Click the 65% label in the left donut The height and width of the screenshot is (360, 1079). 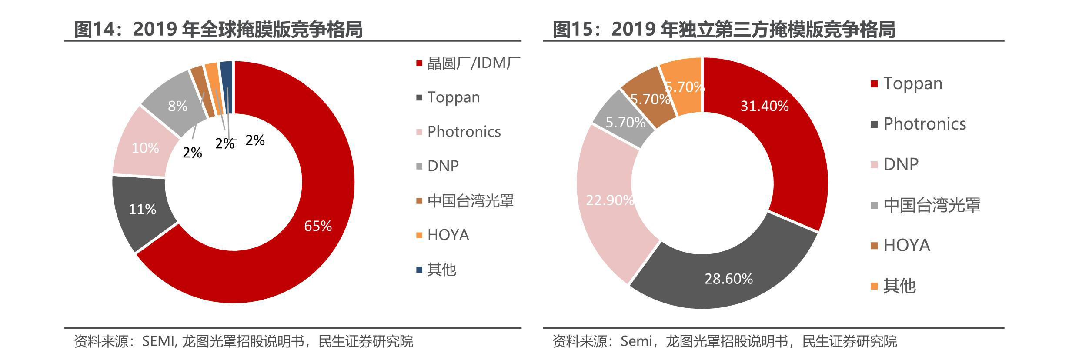pos(318,226)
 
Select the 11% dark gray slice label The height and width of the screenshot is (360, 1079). pos(142,210)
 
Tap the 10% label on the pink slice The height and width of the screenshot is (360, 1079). pos(145,148)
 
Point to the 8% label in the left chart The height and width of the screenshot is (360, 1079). pos(177,106)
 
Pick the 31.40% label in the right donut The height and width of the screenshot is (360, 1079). pos(764,106)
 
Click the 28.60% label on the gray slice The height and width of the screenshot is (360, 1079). pos(728,279)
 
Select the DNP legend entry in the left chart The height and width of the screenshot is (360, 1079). pos(443,166)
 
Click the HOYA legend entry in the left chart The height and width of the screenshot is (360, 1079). pos(448,235)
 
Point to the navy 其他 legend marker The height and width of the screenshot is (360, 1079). pos(419,270)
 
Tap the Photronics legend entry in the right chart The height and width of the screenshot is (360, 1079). pos(925,124)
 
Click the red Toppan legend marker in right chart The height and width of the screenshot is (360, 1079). pos(874,84)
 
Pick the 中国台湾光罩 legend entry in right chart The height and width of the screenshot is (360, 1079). pos(932,205)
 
